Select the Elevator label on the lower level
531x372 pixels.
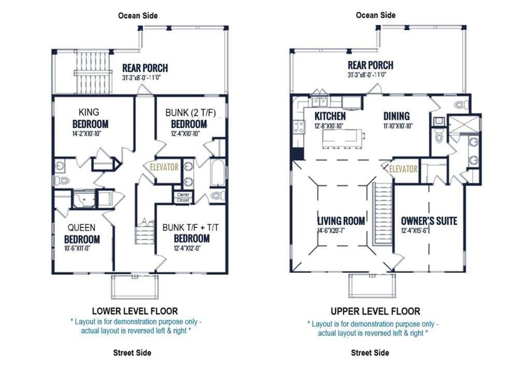[164, 167]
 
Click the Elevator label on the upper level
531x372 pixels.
[403, 169]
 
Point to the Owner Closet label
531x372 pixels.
[183, 197]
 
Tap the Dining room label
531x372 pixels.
[396, 116]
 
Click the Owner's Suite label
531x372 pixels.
[429, 221]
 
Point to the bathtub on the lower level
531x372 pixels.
[217, 172]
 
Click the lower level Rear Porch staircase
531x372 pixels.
[93, 73]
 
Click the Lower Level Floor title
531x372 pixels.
[135, 311]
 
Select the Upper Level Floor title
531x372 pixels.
[375, 311]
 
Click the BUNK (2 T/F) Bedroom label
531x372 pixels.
[190, 118]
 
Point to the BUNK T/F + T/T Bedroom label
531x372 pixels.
[191, 233]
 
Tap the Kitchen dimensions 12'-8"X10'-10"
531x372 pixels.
[328, 126]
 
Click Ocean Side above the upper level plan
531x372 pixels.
[375, 15]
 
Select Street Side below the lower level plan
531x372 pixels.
[132, 353]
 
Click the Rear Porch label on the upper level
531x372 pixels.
[370, 65]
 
